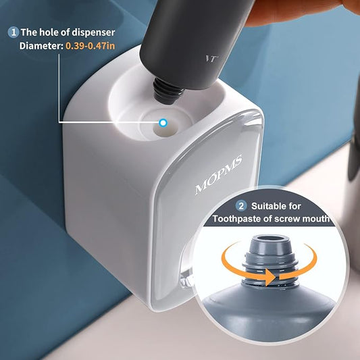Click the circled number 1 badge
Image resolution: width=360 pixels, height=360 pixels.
tap(12, 32)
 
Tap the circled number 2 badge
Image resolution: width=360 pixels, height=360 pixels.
tap(241, 205)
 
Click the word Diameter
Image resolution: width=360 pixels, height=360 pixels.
tap(40, 46)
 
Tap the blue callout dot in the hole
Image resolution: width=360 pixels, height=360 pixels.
tap(163, 122)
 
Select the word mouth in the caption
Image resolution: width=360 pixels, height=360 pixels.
tap(315, 219)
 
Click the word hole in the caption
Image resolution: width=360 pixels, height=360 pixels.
tap(51, 32)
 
